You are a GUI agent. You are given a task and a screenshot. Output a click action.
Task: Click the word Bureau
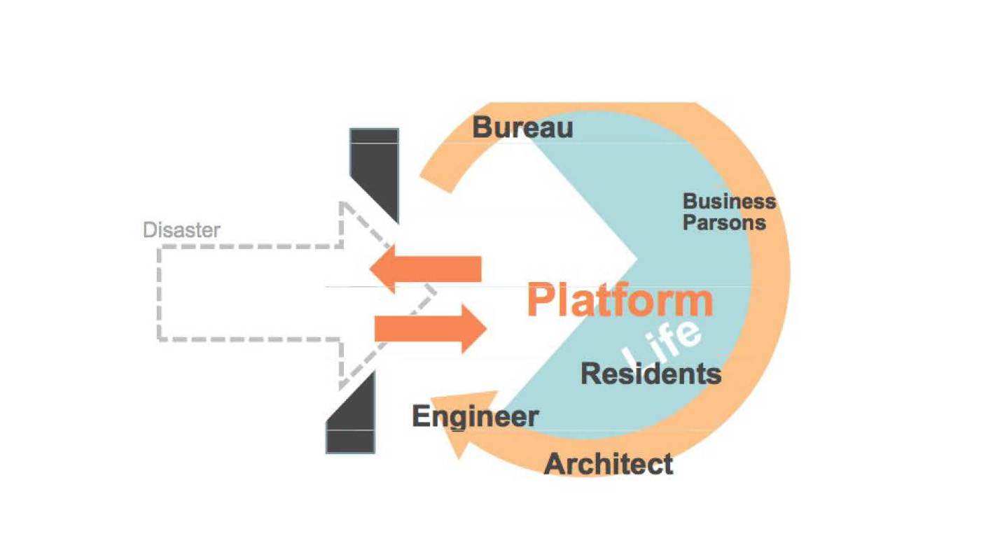tap(522, 128)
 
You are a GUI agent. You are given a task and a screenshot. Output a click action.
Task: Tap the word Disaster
tap(181, 230)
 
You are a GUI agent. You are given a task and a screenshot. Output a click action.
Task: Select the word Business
tap(729, 202)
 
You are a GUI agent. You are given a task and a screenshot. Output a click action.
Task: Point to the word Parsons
tap(724, 223)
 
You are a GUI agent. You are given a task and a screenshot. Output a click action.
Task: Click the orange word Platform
tap(619, 301)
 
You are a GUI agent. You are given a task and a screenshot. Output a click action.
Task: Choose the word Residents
tap(651, 374)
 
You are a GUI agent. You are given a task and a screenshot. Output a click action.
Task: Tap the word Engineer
tap(475, 416)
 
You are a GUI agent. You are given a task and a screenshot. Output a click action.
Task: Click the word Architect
tap(609, 464)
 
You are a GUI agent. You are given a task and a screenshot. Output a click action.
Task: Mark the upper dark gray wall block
tap(375, 168)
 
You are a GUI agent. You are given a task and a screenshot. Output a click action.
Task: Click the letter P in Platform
tap(540, 301)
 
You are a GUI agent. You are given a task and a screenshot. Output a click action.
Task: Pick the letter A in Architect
tap(555, 464)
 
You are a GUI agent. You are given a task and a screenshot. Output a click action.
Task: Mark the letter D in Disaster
tap(148, 230)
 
